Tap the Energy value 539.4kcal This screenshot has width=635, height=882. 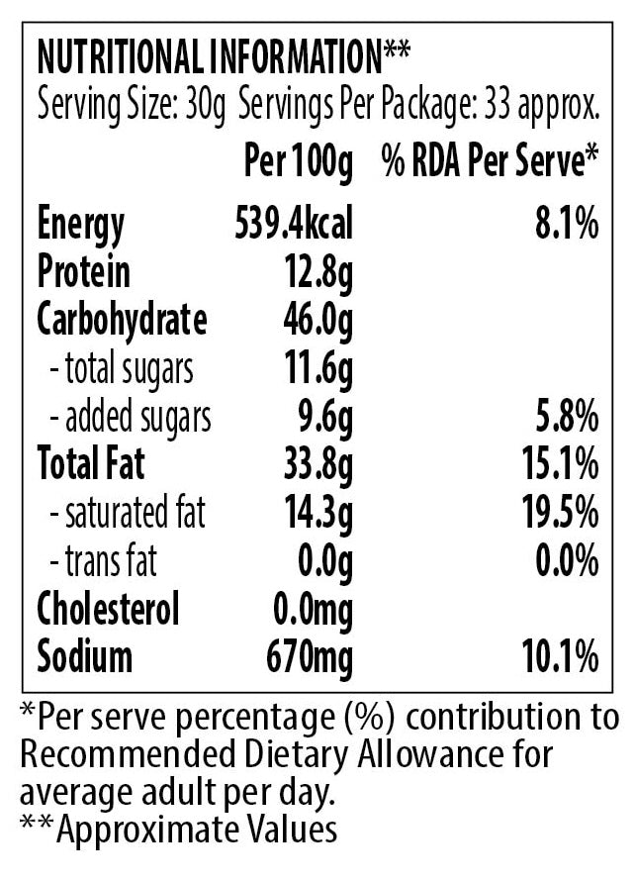click(x=293, y=224)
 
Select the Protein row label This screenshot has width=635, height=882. click(x=84, y=272)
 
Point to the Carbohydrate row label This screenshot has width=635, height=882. click(x=122, y=320)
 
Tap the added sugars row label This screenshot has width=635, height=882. click(x=131, y=417)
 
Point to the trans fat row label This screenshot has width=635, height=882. click(x=103, y=561)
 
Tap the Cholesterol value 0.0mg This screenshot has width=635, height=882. click(x=309, y=609)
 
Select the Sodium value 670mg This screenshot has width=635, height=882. click(x=309, y=656)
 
